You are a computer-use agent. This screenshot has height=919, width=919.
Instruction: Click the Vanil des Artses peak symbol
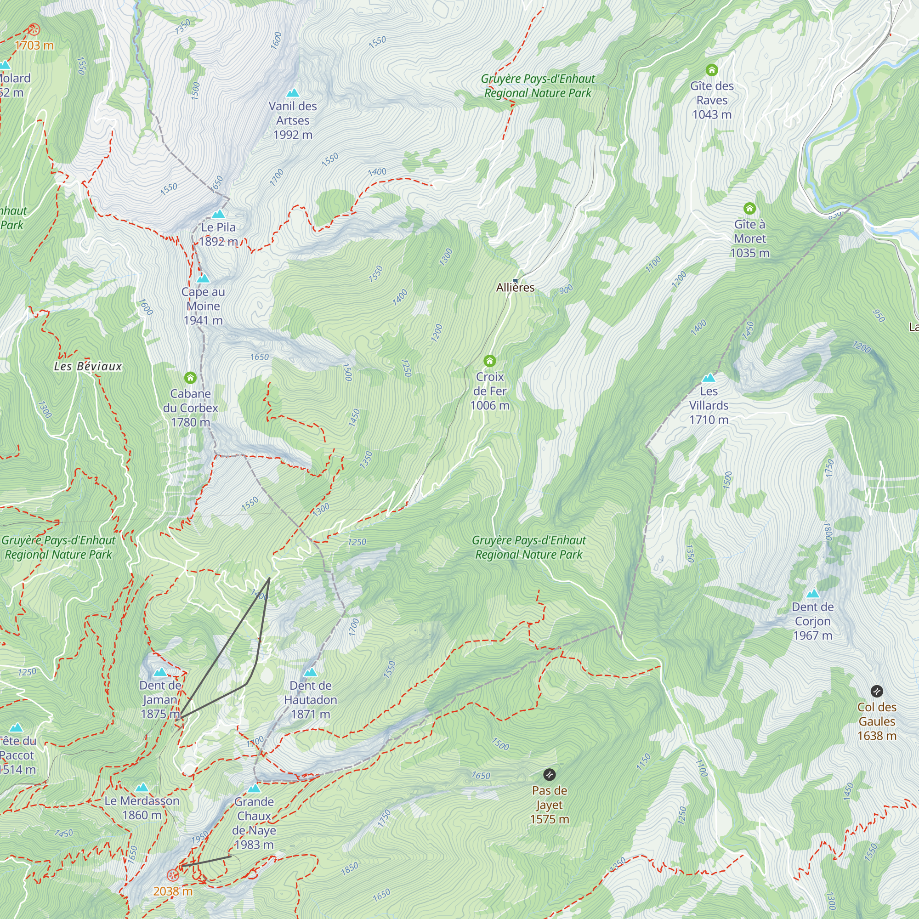point(293,93)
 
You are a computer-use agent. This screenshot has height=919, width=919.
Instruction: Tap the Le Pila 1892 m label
point(218,234)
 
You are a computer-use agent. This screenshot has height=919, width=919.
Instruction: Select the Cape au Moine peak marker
point(203,279)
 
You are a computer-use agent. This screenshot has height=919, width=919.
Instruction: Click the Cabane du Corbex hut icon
point(190,378)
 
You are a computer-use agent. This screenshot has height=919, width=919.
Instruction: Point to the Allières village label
point(515,287)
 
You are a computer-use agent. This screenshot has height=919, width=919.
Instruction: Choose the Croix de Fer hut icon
point(489,361)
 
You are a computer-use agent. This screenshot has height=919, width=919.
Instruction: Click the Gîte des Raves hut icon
point(712,70)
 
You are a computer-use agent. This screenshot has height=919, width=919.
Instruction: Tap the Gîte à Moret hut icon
point(749,208)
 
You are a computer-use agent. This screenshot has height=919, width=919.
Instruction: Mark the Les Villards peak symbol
point(709,378)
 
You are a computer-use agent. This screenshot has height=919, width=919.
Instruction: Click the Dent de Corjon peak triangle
point(813,594)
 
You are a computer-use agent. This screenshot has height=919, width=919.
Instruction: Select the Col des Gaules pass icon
point(877,691)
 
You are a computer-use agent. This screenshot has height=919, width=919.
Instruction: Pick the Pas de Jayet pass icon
point(550,775)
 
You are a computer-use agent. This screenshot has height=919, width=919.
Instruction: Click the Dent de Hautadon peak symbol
point(311,673)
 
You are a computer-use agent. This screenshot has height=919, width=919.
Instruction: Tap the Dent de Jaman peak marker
point(160,673)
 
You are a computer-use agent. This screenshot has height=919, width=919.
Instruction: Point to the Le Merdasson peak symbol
point(142,788)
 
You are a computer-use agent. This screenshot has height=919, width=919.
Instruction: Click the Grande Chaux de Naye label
point(254,823)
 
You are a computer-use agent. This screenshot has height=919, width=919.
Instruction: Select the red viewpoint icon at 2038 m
point(173,875)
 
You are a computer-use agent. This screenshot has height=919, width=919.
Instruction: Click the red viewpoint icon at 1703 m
point(33,30)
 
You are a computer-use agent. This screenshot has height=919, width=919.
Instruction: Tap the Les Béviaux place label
point(88,366)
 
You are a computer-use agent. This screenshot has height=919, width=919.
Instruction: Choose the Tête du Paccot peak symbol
point(17,728)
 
